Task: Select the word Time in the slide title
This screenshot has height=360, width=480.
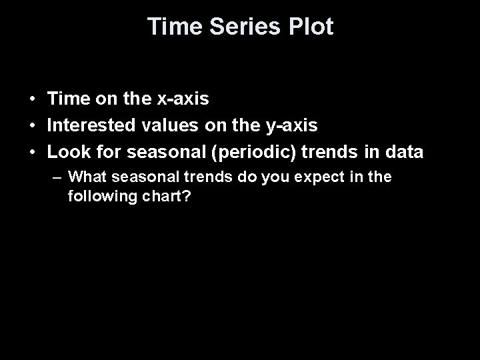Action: pyautogui.click(x=169, y=27)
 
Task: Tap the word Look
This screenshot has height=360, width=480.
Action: pyautogui.click(x=65, y=152)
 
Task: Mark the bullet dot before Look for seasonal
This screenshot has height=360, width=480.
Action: pyautogui.click(x=32, y=153)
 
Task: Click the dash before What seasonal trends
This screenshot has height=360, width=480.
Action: pyautogui.click(x=58, y=178)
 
